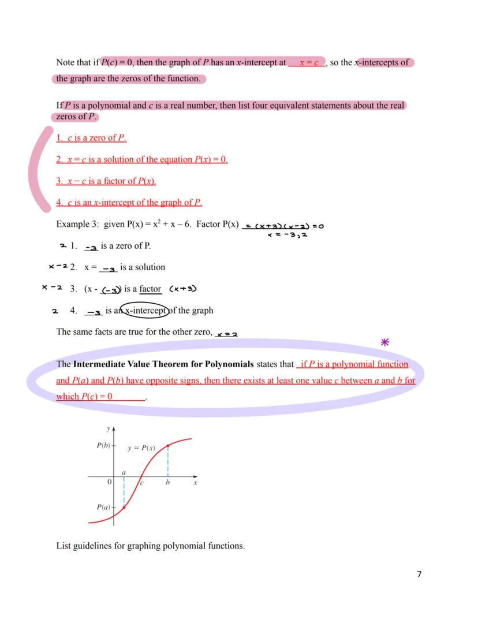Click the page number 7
pyautogui.click(x=419, y=574)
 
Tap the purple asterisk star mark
pyautogui.click(x=385, y=342)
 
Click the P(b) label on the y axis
pyautogui.click(x=103, y=445)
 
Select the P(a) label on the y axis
pyautogui.click(x=103, y=507)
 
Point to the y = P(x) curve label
pyautogui.click(x=141, y=448)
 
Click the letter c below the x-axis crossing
pyautogui.click(x=142, y=483)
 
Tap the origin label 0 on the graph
pyautogui.click(x=109, y=482)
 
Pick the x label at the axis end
pyautogui.click(x=195, y=483)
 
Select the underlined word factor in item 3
pyautogui.click(x=150, y=289)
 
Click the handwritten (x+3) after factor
pyautogui.click(x=184, y=289)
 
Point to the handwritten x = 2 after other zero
pyautogui.click(x=227, y=333)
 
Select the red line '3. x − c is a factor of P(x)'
pyautogui.click(x=106, y=181)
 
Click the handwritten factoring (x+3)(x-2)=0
pyautogui.click(x=283, y=226)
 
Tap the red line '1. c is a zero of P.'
pyautogui.click(x=91, y=137)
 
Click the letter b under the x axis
pyautogui.click(x=167, y=483)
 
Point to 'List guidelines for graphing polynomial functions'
pyautogui.click(x=150, y=546)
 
